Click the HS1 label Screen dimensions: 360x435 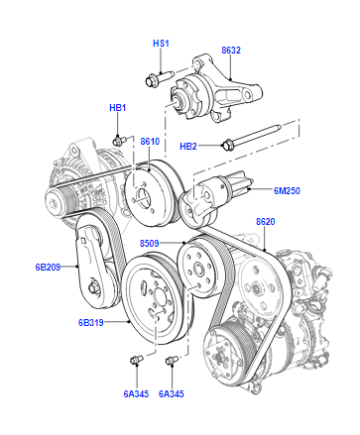click(x=161, y=43)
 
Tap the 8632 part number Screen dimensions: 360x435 click(x=231, y=50)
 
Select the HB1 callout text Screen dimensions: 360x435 click(x=118, y=108)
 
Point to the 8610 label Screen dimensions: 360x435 click(x=150, y=141)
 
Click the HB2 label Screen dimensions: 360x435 click(x=188, y=146)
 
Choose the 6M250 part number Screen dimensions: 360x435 click(x=287, y=191)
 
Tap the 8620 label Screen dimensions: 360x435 click(x=265, y=222)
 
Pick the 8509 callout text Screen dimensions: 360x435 click(x=149, y=243)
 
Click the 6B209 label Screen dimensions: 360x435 click(x=48, y=267)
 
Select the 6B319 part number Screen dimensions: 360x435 click(x=91, y=323)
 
